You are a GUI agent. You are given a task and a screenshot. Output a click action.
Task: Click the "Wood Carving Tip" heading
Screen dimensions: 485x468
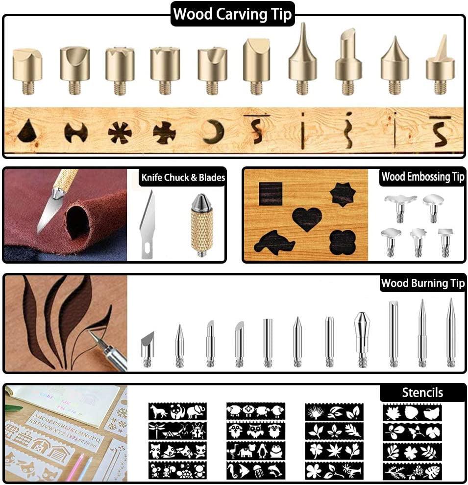tap(233, 14)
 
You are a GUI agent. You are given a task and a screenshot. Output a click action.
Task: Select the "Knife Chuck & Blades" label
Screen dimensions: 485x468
tap(183, 177)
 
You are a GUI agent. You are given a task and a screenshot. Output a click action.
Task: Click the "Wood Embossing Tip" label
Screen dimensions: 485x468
tap(422, 176)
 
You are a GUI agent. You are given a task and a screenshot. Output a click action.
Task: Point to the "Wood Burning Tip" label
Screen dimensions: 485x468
tap(422, 283)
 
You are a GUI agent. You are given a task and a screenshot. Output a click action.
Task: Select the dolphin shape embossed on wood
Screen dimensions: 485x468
tap(275, 242)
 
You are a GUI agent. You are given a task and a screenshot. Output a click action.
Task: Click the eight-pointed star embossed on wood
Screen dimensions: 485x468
tap(342, 194)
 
